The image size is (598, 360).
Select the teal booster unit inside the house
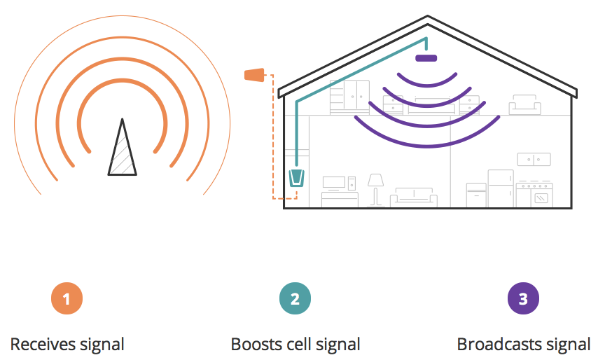pyautogui.click(x=296, y=179)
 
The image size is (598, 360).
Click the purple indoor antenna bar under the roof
pyautogui.click(x=426, y=57)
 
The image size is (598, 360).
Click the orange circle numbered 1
pyautogui.click(x=67, y=299)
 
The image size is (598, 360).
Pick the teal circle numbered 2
pyautogui.click(x=295, y=299)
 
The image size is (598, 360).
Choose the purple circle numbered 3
pyautogui.click(x=523, y=299)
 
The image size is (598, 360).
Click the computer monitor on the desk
pyautogui.click(x=333, y=183)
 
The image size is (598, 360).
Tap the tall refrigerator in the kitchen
pyautogui.click(x=501, y=188)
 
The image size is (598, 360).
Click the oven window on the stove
pyautogui.click(x=542, y=199)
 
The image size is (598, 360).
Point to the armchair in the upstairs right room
pyautogui.click(x=524, y=105)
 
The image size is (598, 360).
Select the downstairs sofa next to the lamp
pyautogui.click(x=414, y=197)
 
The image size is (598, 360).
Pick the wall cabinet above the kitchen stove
pyautogui.click(x=534, y=159)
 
